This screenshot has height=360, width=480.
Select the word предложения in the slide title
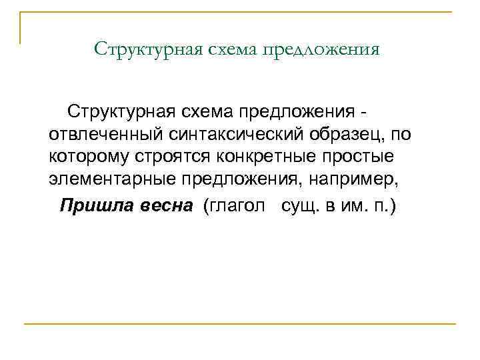coord(323,50)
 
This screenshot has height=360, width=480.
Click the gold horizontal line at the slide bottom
coord(240,324)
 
